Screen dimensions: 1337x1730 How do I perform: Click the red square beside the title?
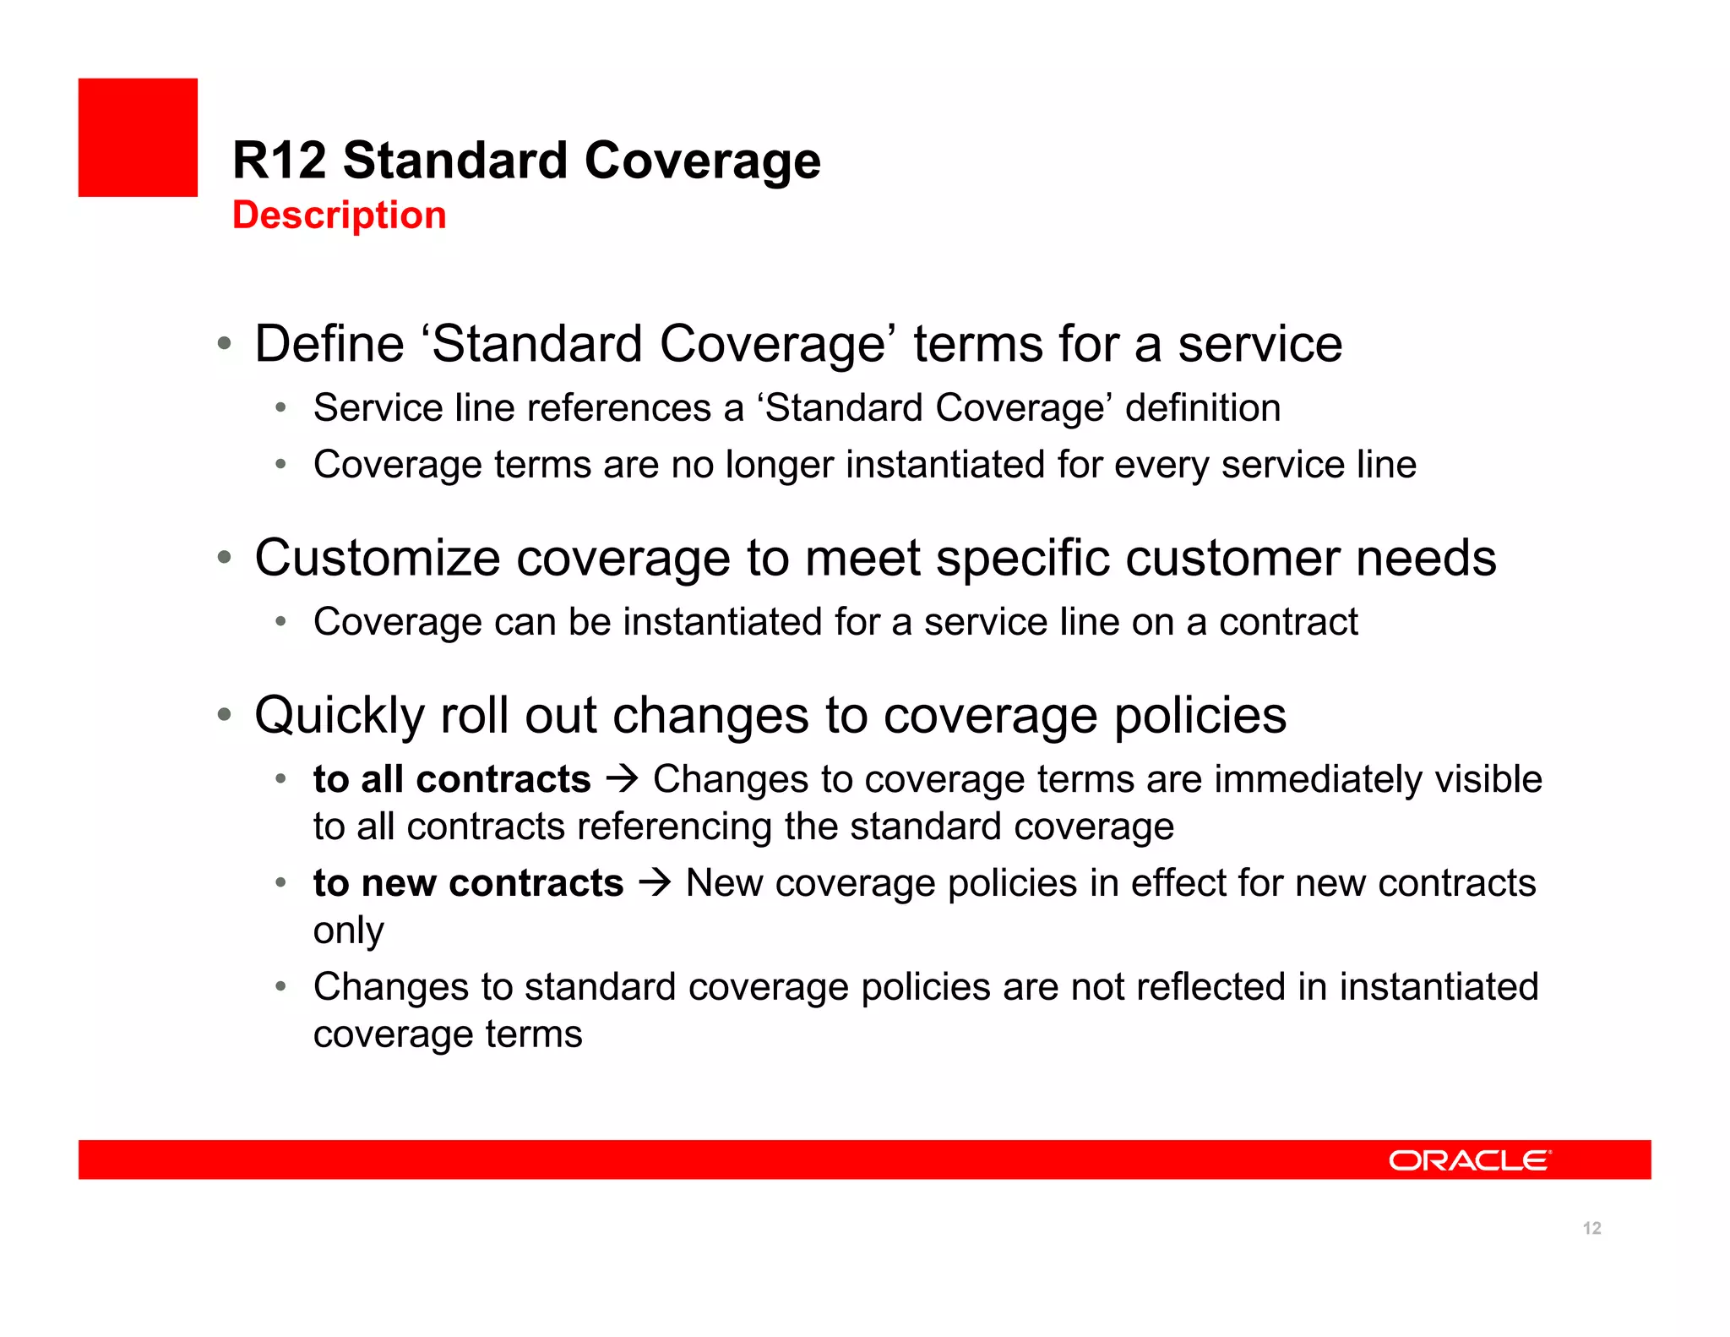coord(138,138)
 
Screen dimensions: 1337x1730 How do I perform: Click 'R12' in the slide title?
coord(279,161)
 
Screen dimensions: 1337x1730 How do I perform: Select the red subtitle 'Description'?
coord(339,216)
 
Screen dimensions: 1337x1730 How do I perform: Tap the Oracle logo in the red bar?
coord(1469,1160)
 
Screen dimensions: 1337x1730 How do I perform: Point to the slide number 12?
coord(1591,1228)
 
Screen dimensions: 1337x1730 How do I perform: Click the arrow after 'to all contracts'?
coord(622,778)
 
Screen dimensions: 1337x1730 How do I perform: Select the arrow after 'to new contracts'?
coord(655,882)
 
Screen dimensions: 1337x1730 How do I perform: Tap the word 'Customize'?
coord(378,558)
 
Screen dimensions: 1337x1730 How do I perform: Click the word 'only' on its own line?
coord(348,930)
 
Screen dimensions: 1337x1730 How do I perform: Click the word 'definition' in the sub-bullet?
coord(1202,408)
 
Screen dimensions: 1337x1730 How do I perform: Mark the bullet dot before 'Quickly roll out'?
coord(224,715)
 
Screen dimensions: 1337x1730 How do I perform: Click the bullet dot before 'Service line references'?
coord(281,408)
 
